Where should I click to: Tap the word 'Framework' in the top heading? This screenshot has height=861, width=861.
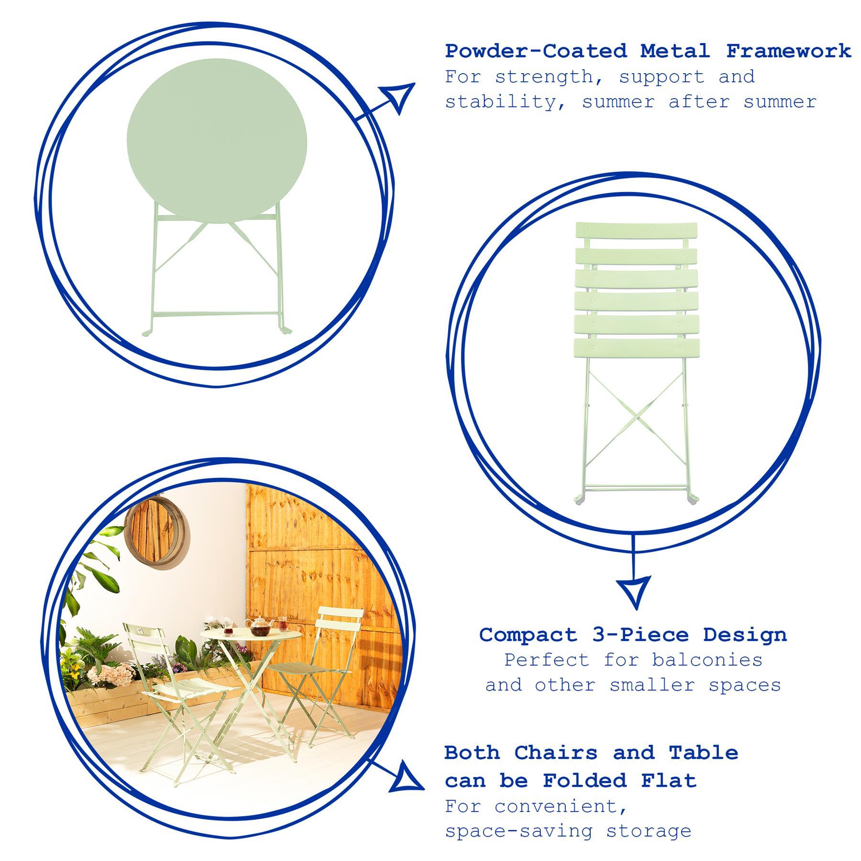[789, 51]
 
